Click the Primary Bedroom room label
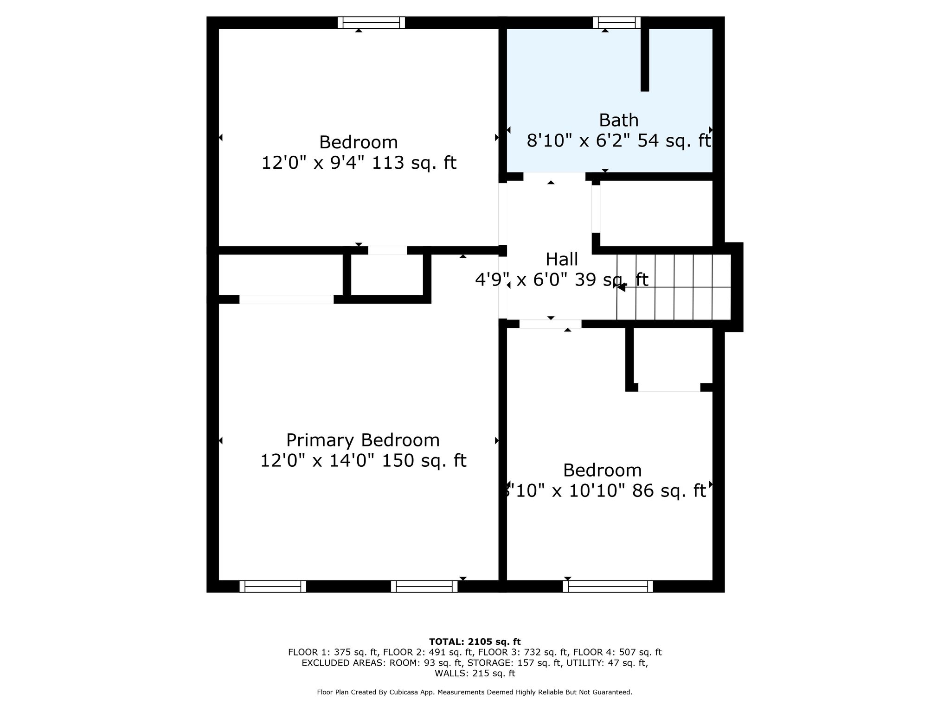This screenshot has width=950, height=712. (x=363, y=440)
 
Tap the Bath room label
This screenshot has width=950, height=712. (x=619, y=120)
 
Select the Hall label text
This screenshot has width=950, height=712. (x=562, y=259)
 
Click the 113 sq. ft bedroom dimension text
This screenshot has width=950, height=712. (x=359, y=163)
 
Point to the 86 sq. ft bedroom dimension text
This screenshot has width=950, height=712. (x=605, y=490)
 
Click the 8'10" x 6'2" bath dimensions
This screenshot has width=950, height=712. (x=619, y=140)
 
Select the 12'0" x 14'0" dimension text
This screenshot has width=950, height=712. (x=363, y=460)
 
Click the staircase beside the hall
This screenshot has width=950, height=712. (x=674, y=287)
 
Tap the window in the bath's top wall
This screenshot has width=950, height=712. (x=616, y=23)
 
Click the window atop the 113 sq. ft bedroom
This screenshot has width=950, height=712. (x=371, y=23)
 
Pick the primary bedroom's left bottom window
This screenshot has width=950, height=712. (x=273, y=586)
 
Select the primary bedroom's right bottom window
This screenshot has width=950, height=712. (x=424, y=586)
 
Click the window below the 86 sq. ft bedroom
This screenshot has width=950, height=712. (x=608, y=586)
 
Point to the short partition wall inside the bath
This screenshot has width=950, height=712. (x=644, y=59)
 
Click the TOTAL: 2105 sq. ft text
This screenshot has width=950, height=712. (x=475, y=642)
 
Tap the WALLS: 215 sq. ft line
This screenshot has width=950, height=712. (x=475, y=673)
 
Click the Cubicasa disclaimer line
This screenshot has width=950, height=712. (x=475, y=692)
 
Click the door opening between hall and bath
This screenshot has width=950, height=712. (x=554, y=176)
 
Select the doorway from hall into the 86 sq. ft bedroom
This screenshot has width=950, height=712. (x=550, y=324)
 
